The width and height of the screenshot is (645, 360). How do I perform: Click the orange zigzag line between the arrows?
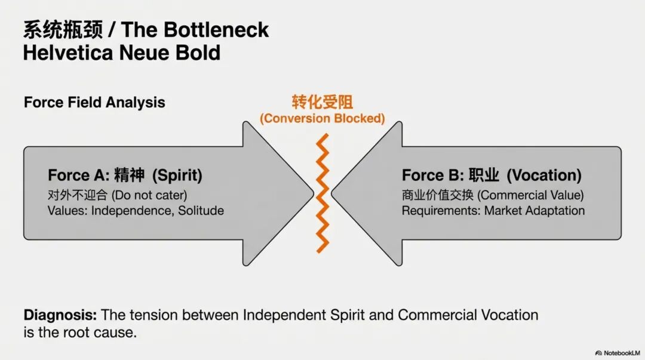(322, 193)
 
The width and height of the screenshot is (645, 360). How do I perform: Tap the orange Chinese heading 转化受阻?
(322, 101)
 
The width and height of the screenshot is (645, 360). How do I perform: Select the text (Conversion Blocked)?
(322, 118)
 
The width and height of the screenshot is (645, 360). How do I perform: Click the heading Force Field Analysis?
(94, 102)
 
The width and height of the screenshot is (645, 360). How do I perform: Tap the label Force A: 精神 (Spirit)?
(125, 176)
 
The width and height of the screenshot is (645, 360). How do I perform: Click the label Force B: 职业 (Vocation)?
(492, 176)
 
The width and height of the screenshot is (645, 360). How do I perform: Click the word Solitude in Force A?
(201, 211)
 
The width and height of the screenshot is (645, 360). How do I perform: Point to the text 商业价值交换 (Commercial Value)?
(493, 195)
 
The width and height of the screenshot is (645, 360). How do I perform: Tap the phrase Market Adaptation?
(535, 211)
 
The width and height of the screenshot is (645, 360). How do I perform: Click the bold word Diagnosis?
(60, 315)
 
